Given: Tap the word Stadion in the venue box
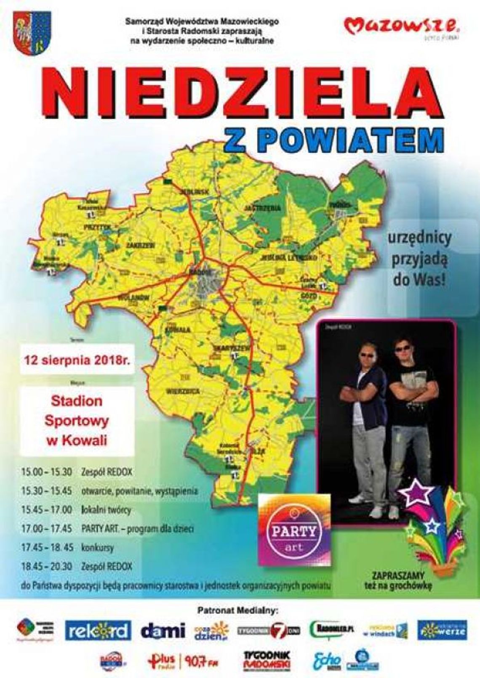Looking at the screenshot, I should (x=77, y=401).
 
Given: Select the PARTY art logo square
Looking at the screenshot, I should (x=294, y=529).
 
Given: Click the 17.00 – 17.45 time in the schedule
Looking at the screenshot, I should (x=47, y=528).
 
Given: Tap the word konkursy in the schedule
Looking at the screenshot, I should (x=98, y=548).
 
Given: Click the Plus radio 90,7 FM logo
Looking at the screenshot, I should (x=183, y=662).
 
